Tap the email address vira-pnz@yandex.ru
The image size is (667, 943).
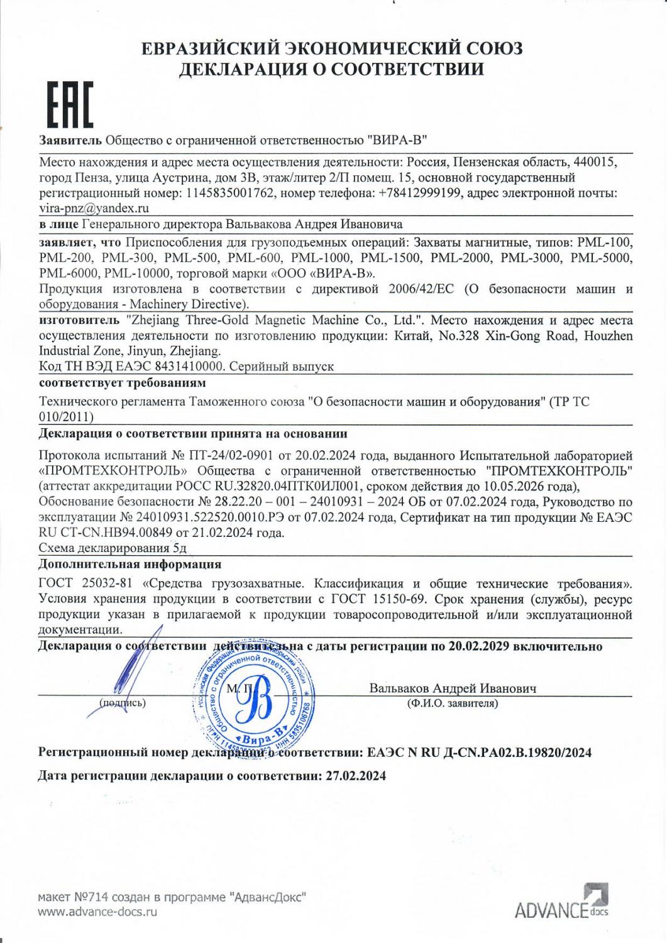click(94, 207)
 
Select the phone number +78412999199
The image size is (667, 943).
click(421, 192)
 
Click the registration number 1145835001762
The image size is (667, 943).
click(230, 192)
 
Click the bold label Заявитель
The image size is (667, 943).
click(70, 139)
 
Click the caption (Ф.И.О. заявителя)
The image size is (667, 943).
click(453, 703)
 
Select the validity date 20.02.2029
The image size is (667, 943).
click(478, 646)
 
